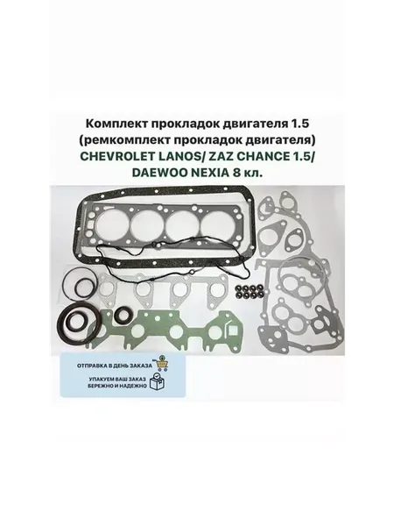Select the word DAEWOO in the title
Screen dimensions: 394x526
click(154, 173)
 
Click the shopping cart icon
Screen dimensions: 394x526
click(161, 363)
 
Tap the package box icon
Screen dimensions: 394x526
click(158, 381)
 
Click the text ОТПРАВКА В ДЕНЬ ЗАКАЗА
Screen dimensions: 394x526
click(115, 365)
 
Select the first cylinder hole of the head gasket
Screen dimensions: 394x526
click(112, 223)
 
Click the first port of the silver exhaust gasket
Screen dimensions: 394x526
click(109, 288)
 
